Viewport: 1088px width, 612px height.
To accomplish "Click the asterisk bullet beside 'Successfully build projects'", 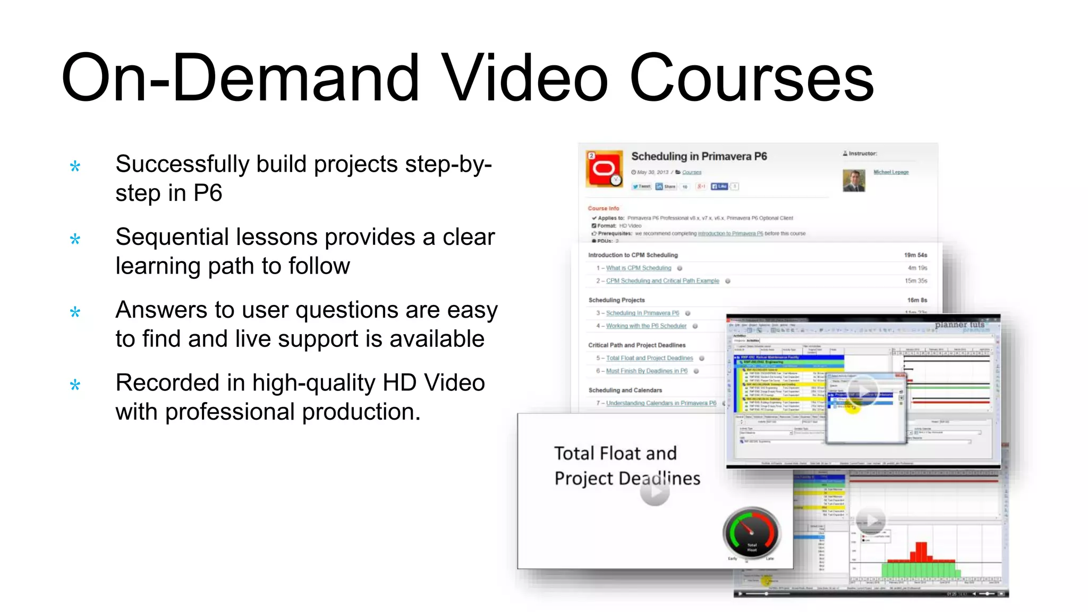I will coord(75,167).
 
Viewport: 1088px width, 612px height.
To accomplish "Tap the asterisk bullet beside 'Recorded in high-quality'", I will coord(75,385).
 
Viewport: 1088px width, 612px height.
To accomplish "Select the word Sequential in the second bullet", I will coord(172,237).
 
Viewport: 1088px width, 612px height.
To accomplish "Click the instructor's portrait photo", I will coord(854,181).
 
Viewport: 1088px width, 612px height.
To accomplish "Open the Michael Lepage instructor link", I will coord(891,172).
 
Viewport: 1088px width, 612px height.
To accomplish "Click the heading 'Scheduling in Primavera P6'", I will coord(699,156).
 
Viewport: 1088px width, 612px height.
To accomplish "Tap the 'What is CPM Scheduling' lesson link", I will coord(639,268).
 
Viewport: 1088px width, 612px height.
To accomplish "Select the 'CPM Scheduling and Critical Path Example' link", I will coord(662,281).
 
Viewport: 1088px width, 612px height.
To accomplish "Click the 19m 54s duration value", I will coord(915,255).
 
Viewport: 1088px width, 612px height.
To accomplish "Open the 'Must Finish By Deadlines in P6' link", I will coord(647,371).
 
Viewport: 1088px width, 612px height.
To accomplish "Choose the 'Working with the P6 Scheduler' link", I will coord(646,326).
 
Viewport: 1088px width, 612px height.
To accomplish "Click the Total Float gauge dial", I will coord(751,533).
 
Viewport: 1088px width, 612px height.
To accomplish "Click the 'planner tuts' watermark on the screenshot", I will coord(959,325).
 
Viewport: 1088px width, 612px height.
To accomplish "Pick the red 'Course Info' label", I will coord(603,208).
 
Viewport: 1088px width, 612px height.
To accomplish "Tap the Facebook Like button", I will coord(719,186).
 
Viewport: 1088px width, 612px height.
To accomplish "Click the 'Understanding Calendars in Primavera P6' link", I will coord(661,403).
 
